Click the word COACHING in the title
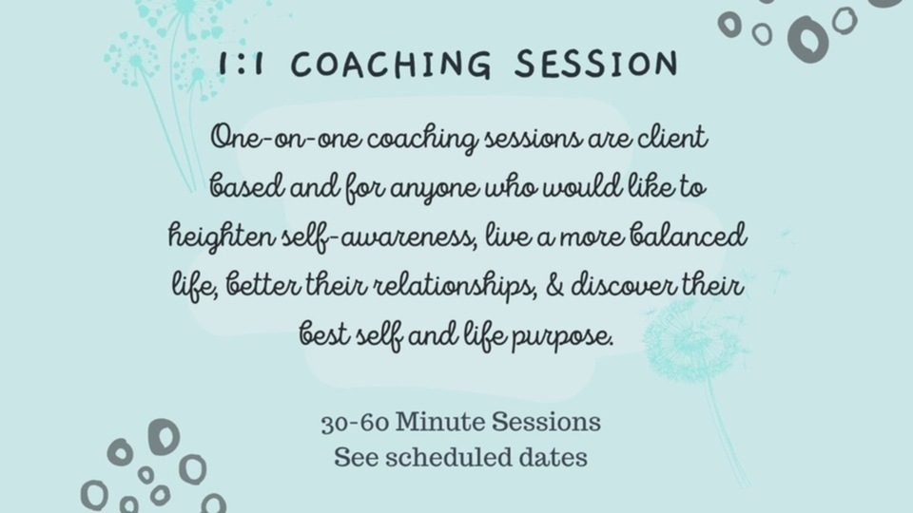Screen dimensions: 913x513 (x=391, y=64)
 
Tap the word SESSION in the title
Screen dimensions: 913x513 (x=596, y=63)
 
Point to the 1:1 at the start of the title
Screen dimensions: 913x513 (x=241, y=64)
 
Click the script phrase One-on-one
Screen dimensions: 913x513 (x=286, y=139)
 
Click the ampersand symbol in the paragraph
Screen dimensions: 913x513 (x=554, y=286)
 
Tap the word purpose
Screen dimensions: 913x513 (x=562, y=337)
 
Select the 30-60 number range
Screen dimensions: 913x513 (x=355, y=423)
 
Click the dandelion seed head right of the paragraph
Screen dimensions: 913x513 (x=693, y=343)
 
